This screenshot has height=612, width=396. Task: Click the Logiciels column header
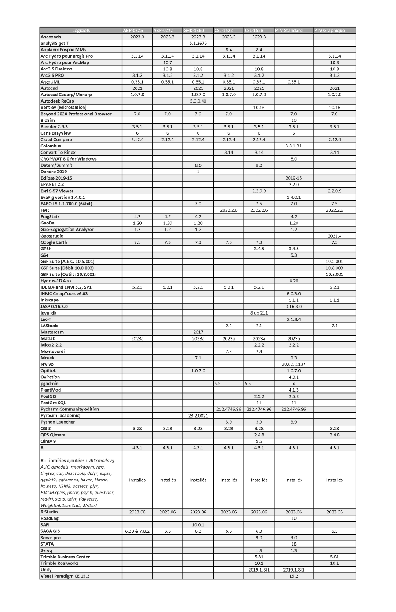coord(81,31)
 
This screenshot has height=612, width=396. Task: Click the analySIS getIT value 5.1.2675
coord(198,44)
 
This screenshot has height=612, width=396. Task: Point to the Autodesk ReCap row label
coord(57,101)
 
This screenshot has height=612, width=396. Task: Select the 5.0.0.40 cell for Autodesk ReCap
coord(198,101)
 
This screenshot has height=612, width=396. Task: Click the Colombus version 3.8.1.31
coord(293,146)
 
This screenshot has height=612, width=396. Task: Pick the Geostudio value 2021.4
coord(334,236)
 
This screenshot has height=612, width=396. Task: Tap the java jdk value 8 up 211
coord(259,313)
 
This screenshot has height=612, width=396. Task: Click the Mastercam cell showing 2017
coord(198,332)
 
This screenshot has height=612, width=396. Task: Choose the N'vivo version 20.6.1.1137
coord(293,364)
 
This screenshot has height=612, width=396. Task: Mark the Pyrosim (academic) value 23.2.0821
coord(198,415)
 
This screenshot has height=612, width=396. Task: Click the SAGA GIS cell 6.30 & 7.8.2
coord(137,531)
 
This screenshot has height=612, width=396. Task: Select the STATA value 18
coord(293,544)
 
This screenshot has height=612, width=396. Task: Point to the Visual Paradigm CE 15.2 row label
coord(65,576)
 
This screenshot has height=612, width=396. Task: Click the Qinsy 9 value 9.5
coord(259,441)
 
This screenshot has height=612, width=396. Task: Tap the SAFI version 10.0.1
coord(198,524)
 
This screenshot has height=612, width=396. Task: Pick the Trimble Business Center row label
coord(65,557)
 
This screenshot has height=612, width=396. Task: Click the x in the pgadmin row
coord(293,384)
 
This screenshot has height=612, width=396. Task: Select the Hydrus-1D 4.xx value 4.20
coord(293,281)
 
